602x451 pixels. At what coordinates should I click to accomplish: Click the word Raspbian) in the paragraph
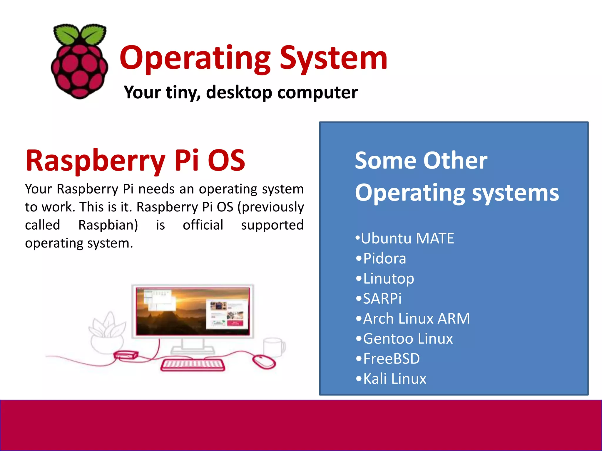(108, 225)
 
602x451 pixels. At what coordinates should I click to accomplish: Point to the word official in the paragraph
(203, 225)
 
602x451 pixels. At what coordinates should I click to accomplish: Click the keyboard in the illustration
(193, 365)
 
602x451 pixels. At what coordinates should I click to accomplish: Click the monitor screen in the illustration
(193, 311)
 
